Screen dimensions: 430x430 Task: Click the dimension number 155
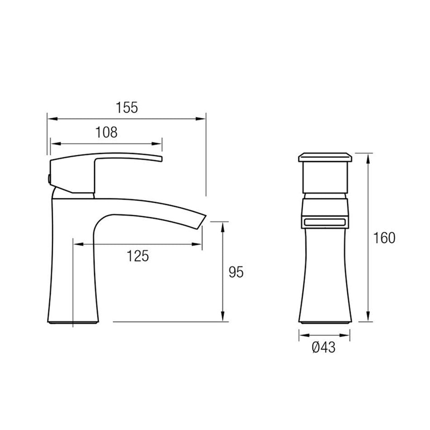coord(127,108)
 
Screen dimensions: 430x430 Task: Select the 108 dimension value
coord(106,132)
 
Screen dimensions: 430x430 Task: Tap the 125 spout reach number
coord(138,256)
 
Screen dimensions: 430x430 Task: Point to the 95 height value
coord(236,272)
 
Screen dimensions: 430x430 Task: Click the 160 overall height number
coord(384,238)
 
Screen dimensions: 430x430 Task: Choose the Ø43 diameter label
coord(324,348)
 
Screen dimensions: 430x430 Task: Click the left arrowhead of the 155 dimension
coord(53,119)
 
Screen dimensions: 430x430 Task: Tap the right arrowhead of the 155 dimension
coord(201,119)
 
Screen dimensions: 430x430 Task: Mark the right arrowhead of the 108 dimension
coord(157,143)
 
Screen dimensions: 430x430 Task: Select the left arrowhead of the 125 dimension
coord(78,244)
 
